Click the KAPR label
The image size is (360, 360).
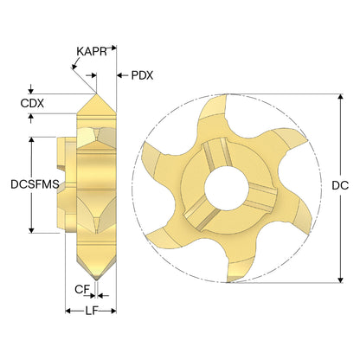click(x=92, y=52)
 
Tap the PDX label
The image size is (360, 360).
click(x=142, y=75)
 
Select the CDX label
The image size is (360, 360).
click(x=32, y=103)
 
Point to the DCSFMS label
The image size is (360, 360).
click(x=35, y=184)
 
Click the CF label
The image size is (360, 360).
click(x=82, y=289)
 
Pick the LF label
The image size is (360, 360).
click(x=91, y=311)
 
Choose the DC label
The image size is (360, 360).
click(x=340, y=185)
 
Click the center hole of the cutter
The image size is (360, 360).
click(x=227, y=188)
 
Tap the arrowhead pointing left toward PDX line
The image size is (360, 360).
click(x=119, y=75)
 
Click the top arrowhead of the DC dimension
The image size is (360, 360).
click(x=341, y=97)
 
